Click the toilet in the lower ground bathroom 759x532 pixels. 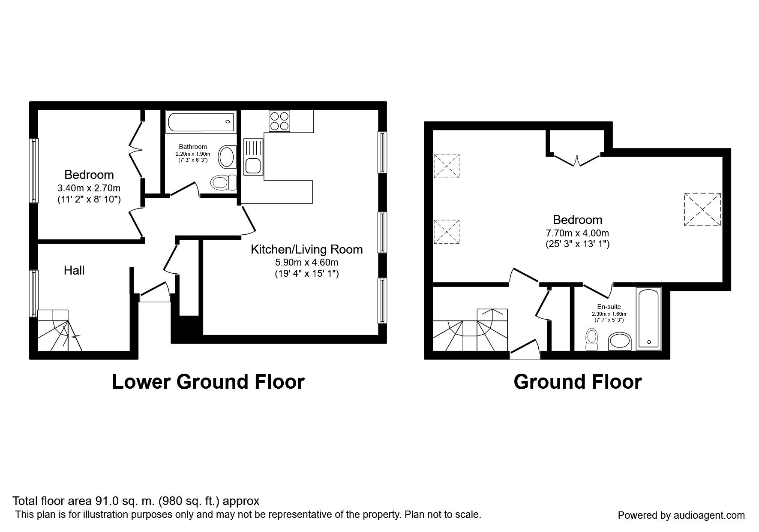click(x=223, y=182)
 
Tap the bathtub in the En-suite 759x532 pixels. click(x=649, y=318)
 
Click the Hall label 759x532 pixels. click(x=74, y=270)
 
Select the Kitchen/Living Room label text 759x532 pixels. click(x=306, y=249)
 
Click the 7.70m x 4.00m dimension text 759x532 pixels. click(x=577, y=233)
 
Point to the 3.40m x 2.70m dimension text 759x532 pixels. click(x=89, y=188)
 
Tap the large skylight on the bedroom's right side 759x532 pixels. click(x=702, y=209)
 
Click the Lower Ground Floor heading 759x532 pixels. click(x=208, y=381)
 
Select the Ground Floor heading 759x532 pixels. click(x=577, y=381)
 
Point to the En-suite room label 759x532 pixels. click(x=609, y=307)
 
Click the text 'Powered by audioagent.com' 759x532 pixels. click(x=681, y=515)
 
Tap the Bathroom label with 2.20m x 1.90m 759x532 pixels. click(x=193, y=147)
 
